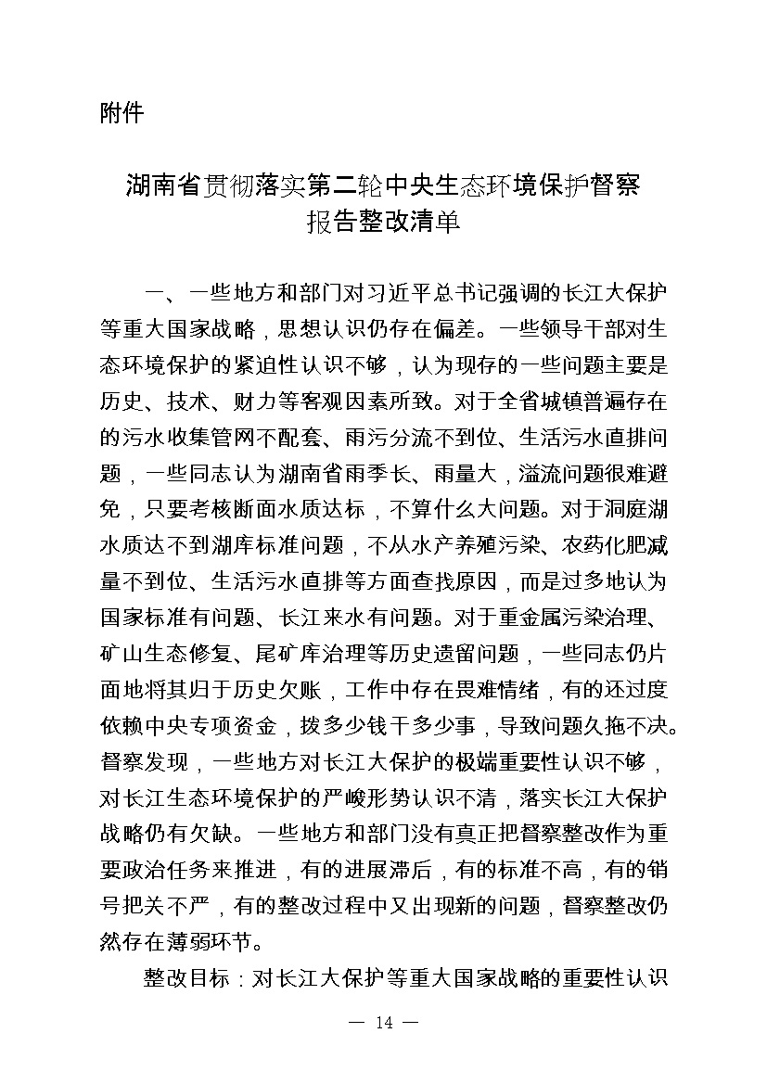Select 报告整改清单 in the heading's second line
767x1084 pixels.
point(383,223)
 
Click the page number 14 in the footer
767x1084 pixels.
point(383,1050)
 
